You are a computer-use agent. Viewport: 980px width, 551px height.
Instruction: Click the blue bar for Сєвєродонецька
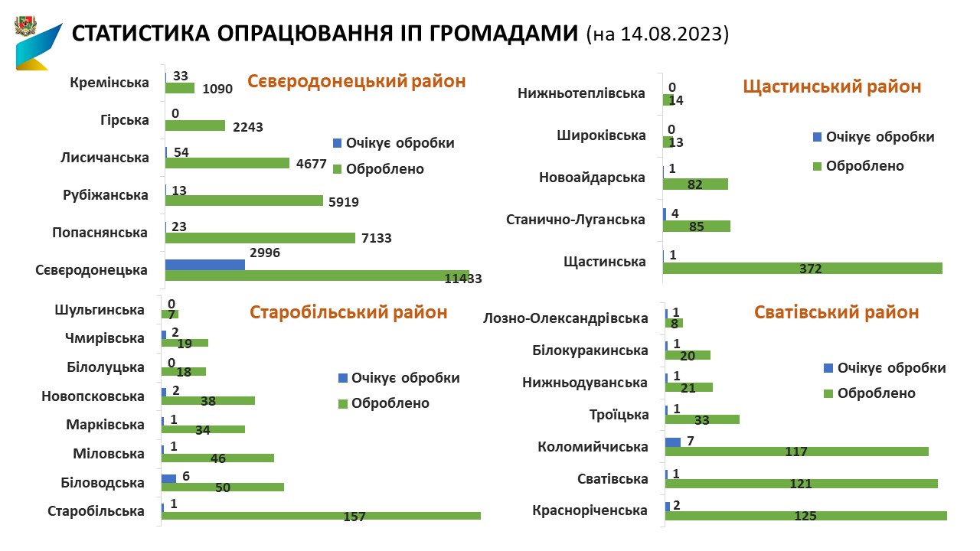(205, 264)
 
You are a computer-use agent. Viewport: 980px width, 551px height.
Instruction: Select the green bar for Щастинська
(802, 268)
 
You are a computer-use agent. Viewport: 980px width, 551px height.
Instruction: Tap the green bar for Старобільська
(321, 516)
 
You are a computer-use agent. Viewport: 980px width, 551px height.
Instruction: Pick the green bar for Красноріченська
(806, 516)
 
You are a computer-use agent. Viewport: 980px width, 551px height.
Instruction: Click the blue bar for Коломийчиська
(673, 442)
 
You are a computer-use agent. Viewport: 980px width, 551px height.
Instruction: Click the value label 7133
(376, 238)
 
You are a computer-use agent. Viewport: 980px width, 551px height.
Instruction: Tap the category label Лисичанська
(104, 158)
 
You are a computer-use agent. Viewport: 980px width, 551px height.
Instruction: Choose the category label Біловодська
(103, 483)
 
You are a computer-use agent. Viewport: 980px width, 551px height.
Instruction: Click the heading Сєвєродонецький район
(356, 81)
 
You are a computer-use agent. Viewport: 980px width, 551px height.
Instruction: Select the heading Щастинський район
(832, 86)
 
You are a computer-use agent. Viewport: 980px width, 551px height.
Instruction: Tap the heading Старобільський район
(348, 312)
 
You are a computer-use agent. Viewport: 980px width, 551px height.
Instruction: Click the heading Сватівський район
(836, 312)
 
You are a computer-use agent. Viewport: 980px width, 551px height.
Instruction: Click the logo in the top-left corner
(37, 44)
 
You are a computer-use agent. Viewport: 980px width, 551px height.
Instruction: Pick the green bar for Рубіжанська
(244, 201)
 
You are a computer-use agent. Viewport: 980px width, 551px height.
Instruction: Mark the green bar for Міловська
(217, 458)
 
